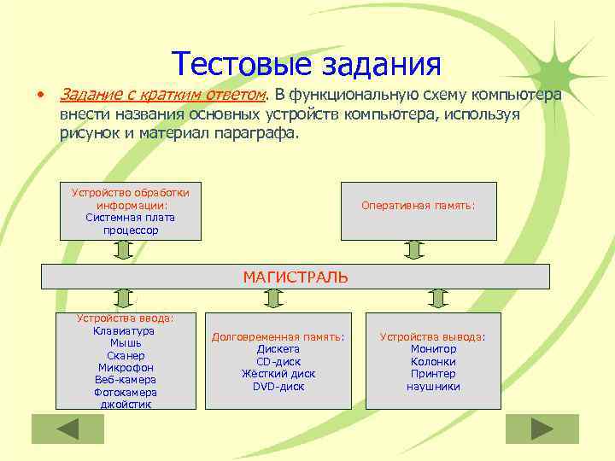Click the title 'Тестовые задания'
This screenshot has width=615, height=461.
pos(306,63)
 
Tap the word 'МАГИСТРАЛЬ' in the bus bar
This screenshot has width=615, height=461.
pos(296,277)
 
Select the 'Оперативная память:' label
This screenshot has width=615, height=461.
pos(419,206)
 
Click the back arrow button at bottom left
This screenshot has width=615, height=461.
pos(67,429)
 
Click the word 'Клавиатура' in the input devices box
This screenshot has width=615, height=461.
pos(125,330)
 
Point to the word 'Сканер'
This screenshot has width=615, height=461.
pos(126,355)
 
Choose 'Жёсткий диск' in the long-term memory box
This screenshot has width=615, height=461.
pos(278,374)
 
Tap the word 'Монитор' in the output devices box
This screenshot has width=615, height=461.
pos(433,349)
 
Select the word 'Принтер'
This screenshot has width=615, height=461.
pos(433,374)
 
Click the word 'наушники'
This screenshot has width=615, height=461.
pos(433,387)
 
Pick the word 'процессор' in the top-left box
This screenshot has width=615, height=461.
pos(131,230)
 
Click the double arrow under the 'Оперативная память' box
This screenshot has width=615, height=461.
pos(414,250)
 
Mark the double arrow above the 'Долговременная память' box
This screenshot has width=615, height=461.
pos(273,297)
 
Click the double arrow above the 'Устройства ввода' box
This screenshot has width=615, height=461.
pos(125,297)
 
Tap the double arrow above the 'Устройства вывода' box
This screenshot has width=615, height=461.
pos(438,297)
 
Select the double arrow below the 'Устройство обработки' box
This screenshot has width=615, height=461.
pos(123,250)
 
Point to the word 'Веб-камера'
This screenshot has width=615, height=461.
pos(126,380)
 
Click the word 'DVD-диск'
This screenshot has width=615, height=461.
pos(278,387)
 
